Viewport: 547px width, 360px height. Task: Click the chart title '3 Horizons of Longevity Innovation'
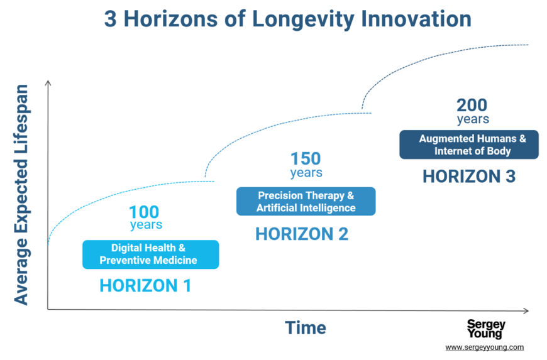coord(288,19)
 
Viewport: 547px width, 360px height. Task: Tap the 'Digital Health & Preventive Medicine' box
coord(151,254)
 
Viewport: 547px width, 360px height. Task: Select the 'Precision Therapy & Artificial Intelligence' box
coord(306,202)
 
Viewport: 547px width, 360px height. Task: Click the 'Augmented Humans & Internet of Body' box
coord(469,145)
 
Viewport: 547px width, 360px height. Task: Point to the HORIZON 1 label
coord(145,286)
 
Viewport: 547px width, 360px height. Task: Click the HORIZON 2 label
coord(302,234)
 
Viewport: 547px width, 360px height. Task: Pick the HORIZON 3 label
coord(469,177)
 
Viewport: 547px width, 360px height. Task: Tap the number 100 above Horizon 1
coord(144,212)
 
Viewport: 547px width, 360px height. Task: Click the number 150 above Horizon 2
coord(306,158)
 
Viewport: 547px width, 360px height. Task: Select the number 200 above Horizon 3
coord(472,106)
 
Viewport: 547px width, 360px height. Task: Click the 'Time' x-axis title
coord(306,328)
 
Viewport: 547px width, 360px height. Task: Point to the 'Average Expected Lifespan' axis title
coord(21,195)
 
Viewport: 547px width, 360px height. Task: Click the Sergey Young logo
coord(486,329)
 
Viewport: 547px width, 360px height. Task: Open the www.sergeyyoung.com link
coord(485,347)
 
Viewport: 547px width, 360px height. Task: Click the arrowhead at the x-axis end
coord(526,310)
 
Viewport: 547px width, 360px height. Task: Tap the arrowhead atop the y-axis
coord(48,83)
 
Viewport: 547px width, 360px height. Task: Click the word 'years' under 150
coord(306,173)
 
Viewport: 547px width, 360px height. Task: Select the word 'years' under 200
coord(473,119)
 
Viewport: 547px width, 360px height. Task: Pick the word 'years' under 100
coord(146,225)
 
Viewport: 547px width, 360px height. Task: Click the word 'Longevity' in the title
coord(303,19)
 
